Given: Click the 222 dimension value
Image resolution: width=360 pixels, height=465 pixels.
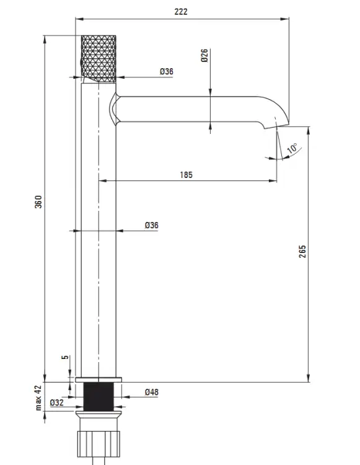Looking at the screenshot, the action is pyautogui.click(x=181, y=12).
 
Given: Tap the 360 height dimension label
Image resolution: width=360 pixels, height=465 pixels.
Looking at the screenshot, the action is pyautogui.click(x=38, y=201).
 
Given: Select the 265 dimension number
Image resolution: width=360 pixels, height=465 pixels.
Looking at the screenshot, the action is pyautogui.click(x=302, y=252).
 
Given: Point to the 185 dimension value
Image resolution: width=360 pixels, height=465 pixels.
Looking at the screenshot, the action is pyautogui.click(x=186, y=175).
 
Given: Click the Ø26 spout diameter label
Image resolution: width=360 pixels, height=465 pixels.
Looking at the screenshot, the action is pyautogui.click(x=204, y=55).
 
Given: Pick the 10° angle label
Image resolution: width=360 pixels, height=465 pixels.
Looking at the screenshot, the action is pyautogui.click(x=292, y=148).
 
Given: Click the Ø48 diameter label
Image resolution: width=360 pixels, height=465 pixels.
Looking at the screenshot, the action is pyautogui.click(x=152, y=392).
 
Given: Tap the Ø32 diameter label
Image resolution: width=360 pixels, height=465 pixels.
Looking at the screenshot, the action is pyautogui.click(x=56, y=402).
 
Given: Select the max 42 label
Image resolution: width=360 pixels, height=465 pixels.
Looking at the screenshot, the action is pyautogui.click(x=38, y=397).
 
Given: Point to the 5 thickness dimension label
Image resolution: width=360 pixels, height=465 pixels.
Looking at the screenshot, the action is pyautogui.click(x=65, y=357).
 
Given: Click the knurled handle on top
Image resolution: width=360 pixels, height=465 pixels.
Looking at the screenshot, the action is pyautogui.click(x=99, y=59).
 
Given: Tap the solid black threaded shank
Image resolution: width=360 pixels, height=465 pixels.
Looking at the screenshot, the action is pyautogui.click(x=99, y=397).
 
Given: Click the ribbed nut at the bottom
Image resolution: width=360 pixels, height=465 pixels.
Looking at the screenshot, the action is pyautogui.click(x=99, y=444).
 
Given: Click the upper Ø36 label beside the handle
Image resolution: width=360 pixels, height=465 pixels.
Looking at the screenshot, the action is pyautogui.click(x=167, y=71).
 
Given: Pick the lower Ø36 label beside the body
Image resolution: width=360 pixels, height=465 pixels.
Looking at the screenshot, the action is pyautogui.click(x=152, y=225).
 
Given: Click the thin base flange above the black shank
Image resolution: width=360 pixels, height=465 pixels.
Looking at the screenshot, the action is pyautogui.click(x=99, y=380).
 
